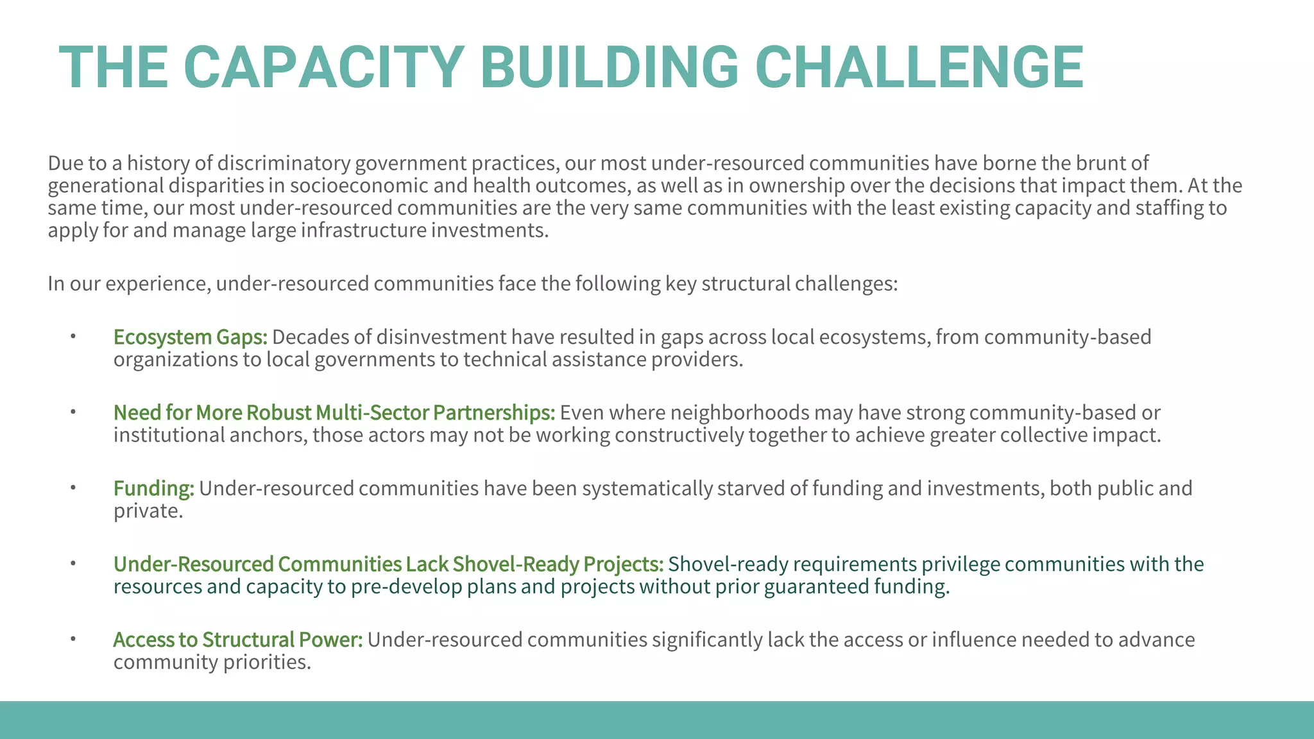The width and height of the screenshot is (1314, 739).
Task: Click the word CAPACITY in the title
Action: tap(324, 68)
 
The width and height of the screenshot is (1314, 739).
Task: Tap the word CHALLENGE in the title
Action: tap(919, 68)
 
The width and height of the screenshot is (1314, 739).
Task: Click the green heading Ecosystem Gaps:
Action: tap(190, 337)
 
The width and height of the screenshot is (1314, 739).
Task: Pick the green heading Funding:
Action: tap(153, 489)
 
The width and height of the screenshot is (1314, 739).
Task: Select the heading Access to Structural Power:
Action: tap(237, 640)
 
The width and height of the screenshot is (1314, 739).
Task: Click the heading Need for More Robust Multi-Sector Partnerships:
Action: tap(334, 413)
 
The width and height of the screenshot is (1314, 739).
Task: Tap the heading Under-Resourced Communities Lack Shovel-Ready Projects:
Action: tap(388, 565)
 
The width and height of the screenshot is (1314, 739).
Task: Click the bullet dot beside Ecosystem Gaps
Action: tap(73, 336)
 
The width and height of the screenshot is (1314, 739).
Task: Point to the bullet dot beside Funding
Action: tap(73, 488)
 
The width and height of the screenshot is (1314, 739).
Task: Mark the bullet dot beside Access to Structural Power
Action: tap(73, 639)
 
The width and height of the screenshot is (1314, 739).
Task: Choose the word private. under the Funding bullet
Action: tap(148, 511)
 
